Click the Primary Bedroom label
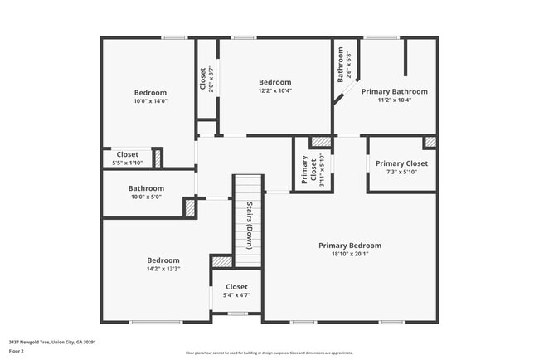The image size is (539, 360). click(350, 246)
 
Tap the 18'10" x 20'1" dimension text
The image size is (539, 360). click(350, 255)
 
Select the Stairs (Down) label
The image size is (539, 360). click(249, 224)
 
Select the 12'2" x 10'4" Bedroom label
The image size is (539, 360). click(274, 82)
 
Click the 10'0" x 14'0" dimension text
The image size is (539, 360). click(150, 101)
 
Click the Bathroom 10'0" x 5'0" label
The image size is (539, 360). click(146, 188)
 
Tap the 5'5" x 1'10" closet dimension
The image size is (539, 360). click(127, 163)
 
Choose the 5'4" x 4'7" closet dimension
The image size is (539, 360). click(236, 294)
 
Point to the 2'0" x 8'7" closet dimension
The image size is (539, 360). click(211, 79)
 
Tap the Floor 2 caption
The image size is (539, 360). click(17, 351)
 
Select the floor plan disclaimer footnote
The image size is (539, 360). click(269, 353)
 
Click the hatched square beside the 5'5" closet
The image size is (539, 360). click(157, 158)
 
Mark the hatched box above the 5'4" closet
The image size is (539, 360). click(221, 261)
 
